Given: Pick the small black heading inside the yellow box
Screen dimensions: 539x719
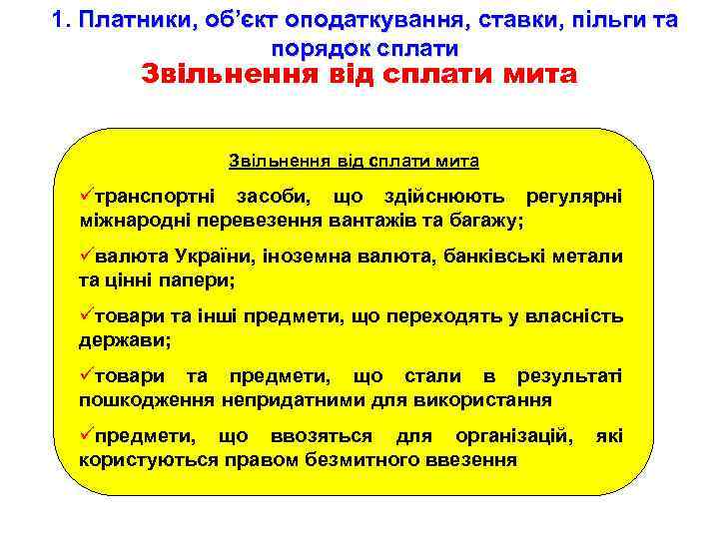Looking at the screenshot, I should coord(354,161).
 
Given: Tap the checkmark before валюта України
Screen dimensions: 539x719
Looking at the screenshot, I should coord(86,257).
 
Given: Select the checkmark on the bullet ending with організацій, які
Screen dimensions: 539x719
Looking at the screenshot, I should coord(86,436).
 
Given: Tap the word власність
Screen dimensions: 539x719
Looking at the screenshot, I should coord(571,317).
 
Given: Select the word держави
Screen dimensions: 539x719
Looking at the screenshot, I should coord(124,340).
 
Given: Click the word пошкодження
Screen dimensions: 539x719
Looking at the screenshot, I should coord(146,400).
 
